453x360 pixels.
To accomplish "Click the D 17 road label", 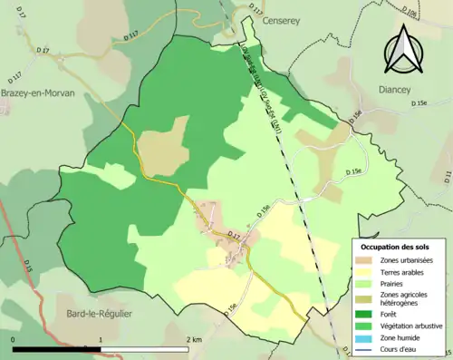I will coord(235,235).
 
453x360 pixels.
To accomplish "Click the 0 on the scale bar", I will coord(14,339).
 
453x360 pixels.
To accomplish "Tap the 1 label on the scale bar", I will coord(101,339).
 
